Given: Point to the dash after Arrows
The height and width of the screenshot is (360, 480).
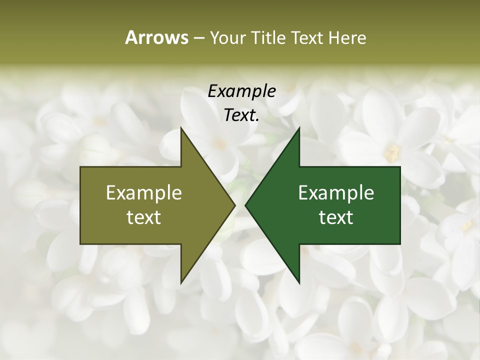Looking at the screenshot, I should tap(198, 38).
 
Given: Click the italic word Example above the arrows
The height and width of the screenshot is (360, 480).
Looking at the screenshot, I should tap(241, 91).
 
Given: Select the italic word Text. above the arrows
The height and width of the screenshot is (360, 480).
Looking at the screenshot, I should tap(241, 115).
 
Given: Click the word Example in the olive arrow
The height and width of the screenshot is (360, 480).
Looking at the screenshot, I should tap(143, 193).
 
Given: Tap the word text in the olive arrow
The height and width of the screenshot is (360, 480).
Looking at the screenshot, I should tap(143, 217).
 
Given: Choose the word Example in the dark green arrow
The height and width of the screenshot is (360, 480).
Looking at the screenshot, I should tap(336, 193).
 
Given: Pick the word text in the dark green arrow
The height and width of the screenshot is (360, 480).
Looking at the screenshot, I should tap(336, 217).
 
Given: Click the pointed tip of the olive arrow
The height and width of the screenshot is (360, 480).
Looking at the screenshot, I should tap(234, 205).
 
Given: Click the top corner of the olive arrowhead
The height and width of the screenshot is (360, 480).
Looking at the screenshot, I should tap(181, 128).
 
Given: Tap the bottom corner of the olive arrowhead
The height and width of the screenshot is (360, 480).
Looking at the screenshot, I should tap(181, 282).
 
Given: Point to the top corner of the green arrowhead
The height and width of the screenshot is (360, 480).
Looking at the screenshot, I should tap(299, 128).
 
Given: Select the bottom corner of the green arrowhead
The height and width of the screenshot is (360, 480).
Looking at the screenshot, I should tap(299, 282).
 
